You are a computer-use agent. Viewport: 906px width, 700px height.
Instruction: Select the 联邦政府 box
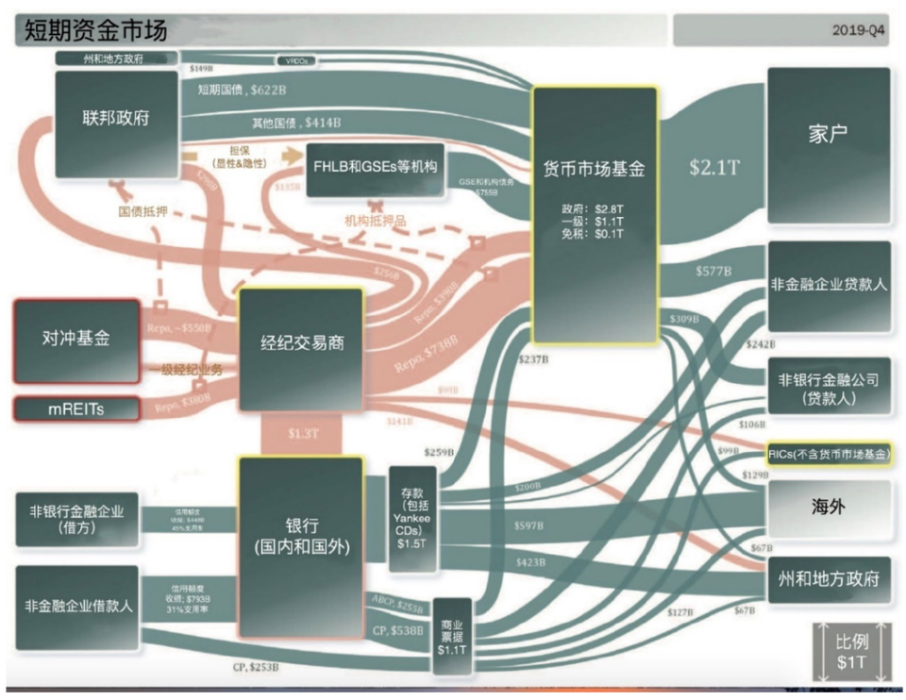click(x=116, y=119)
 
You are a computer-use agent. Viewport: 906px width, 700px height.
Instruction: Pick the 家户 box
click(x=828, y=133)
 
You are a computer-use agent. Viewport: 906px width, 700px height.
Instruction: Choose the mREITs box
click(x=75, y=408)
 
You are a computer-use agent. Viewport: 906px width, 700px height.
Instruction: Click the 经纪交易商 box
click(x=300, y=347)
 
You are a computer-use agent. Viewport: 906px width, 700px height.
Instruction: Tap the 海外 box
click(x=828, y=507)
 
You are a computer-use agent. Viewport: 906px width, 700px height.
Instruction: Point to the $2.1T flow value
click(x=714, y=167)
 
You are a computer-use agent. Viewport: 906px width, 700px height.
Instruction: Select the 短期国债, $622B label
click(x=243, y=90)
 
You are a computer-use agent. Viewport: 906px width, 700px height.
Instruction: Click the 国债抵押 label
click(x=143, y=212)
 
